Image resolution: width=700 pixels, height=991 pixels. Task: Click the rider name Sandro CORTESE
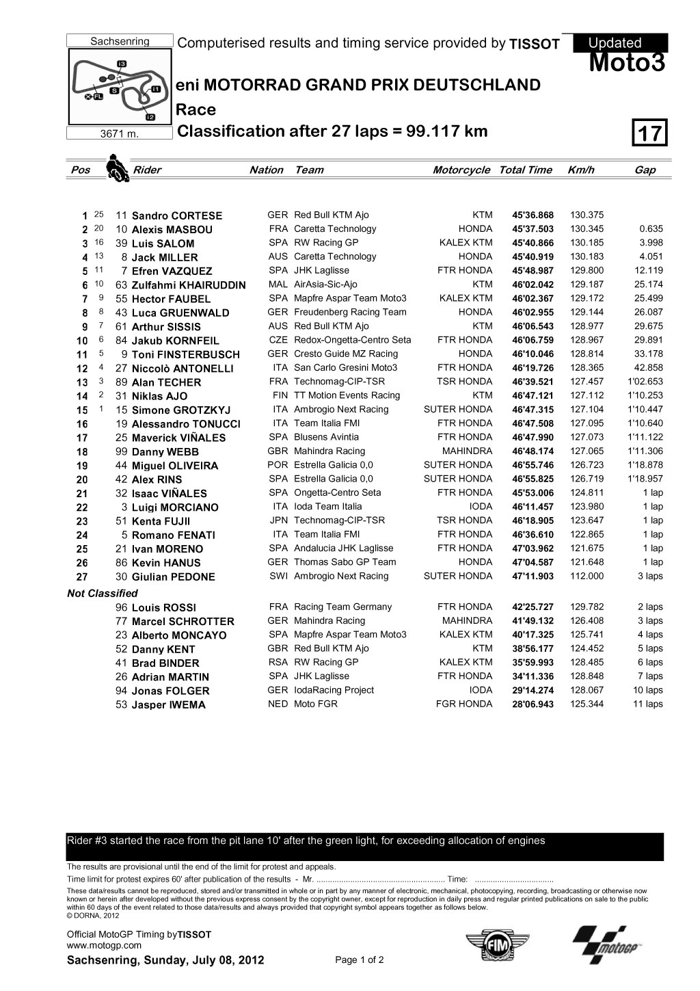point(176,216)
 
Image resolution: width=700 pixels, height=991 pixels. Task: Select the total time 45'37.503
point(533,230)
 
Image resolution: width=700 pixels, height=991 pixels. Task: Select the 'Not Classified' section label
point(103,594)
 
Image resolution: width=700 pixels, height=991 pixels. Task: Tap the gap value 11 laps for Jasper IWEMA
point(647,704)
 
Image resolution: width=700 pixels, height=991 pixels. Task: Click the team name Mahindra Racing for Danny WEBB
point(329,451)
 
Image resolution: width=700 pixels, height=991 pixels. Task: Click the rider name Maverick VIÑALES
point(178,438)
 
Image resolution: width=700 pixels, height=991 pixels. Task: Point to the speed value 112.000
point(587,577)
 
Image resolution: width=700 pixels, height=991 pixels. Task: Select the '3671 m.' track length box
point(120,133)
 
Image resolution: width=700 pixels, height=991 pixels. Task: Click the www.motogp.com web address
point(104,945)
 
